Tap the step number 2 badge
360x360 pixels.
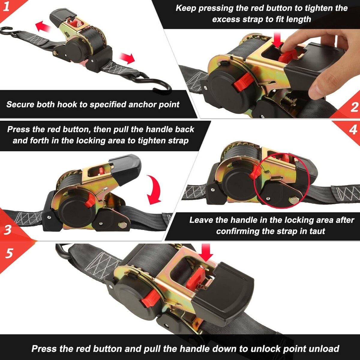tap(354, 107)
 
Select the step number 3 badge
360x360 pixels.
tap(7, 229)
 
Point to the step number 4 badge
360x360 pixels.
tap(353, 129)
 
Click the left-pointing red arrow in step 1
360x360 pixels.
tap(43, 26)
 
